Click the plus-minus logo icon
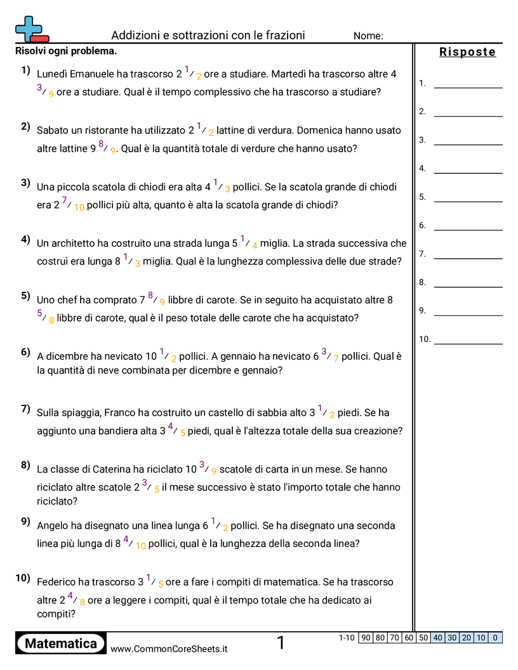tap(30, 29)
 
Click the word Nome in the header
tap(368, 36)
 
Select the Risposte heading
tap(467, 52)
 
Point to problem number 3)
tap(25, 183)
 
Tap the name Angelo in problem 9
tap(53, 526)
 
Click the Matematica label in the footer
tap(61, 643)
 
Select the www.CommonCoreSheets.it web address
tap(169, 649)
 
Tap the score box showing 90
tap(365, 638)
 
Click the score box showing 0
tap(495, 638)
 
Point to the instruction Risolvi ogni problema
tap(66, 51)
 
